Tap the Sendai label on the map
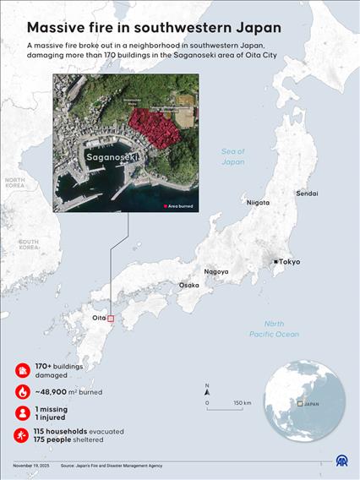pyautogui.click(x=307, y=194)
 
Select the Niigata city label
pyautogui.click(x=258, y=203)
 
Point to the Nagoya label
pyautogui.click(x=215, y=271)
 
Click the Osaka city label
pyautogui.click(x=188, y=286)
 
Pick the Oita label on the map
pyautogui.click(x=100, y=318)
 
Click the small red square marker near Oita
pyautogui.click(x=111, y=319)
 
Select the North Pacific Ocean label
pyautogui.click(x=274, y=329)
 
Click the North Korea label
pyautogui.click(x=14, y=183)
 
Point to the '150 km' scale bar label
pyautogui.click(x=242, y=402)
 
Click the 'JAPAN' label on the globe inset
pyautogui.click(x=312, y=404)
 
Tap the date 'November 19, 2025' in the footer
pyautogui.click(x=31, y=466)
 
